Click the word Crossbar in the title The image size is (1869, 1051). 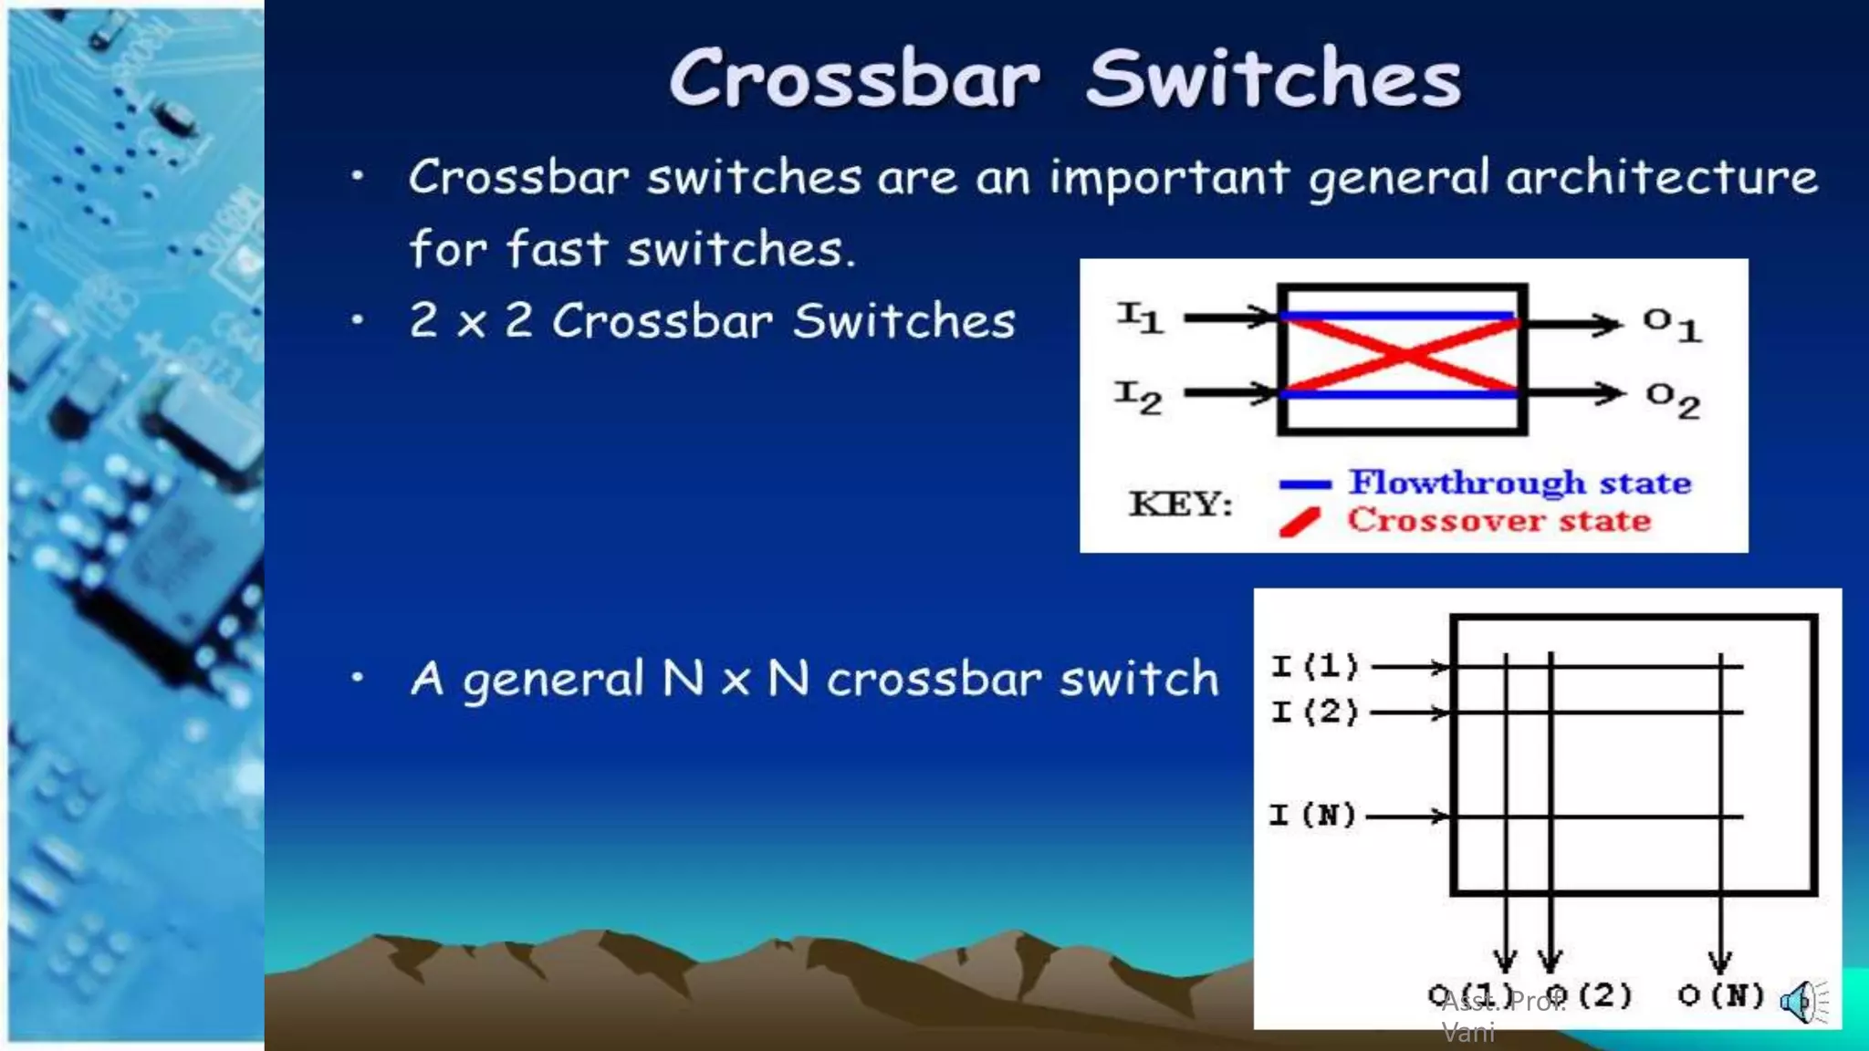pyautogui.click(x=854, y=79)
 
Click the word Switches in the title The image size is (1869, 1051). pyautogui.click(x=1274, y=79)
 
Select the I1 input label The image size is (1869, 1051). pyautogui.click(x=1140, y=317)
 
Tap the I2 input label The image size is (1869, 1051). pyautogui.click(x=1138, y=397)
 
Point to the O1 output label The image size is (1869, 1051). pyautogui.click(x=1672, y=324)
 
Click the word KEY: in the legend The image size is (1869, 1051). pyautogui.click(x=1181, y=504)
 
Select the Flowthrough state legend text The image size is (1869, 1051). pyautogui.click(x=1520, y=483)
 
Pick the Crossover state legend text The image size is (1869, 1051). pyautogui.click(x=1499, y=520)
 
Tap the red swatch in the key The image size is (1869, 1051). pyautogui.click(x=1300, y=523)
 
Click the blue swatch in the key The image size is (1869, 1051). pyautogui.click(x=1305, y=484)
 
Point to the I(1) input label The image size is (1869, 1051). pyautogui.click(x=1315, y=666)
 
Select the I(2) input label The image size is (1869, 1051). pyautogui.click(x=1315, y=712)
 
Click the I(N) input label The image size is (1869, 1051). pyautogui.click(x=1313, y=815)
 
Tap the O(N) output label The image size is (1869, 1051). pyautogui.click(x=1720, y=995)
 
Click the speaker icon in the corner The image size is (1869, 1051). pyautogui.click(x=1803, y=1003)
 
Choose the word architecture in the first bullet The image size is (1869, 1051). pyautogui.click(x=1661, y=177)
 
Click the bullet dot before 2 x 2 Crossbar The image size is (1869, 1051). pyautogui.click(x=358, y=320)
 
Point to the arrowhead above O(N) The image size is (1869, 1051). pyautogui.click(x=1720, y=961)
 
